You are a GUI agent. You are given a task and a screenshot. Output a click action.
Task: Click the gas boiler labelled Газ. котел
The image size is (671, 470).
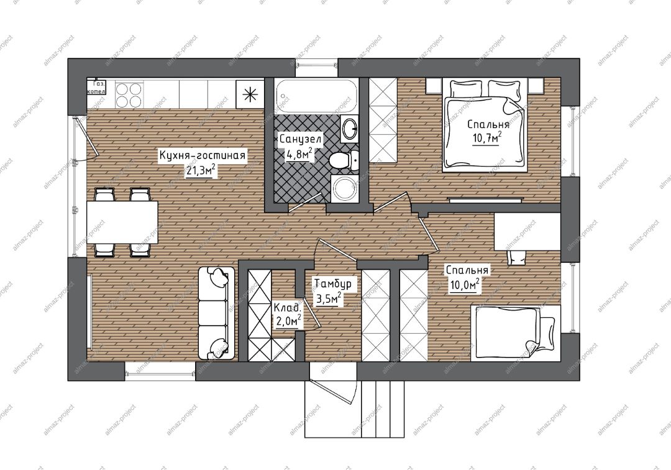point(96,86)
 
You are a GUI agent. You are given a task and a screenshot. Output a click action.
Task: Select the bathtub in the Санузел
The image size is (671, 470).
point(316,96)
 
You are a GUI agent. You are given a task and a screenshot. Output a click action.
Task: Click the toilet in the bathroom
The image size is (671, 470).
point(344,160)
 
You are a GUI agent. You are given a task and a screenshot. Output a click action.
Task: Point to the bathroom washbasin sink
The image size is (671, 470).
point(350,128)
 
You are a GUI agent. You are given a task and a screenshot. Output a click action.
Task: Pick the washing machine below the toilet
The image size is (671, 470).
point(345,188)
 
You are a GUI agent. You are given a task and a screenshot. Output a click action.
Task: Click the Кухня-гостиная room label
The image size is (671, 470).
point(202,155)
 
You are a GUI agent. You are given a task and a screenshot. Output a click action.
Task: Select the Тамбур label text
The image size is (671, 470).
point(333,283)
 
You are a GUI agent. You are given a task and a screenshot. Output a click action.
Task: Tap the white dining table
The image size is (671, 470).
point(122,222)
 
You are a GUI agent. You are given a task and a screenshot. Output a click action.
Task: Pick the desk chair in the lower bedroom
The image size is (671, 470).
point(516,257)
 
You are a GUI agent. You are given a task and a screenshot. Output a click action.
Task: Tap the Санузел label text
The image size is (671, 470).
point(301,139)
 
